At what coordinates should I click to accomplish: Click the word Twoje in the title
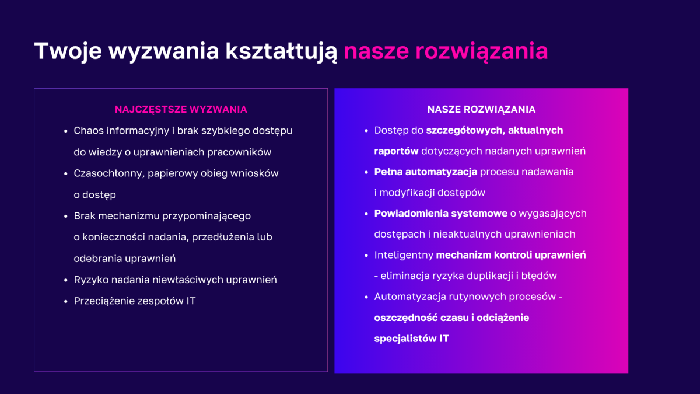point(68,51)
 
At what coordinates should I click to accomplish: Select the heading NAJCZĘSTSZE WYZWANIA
point(181,110)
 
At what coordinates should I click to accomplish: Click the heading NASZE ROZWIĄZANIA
point(481,110)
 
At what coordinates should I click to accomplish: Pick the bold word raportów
point(396,151)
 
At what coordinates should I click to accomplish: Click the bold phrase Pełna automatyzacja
point(426,172)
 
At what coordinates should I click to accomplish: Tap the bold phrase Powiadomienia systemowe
point(440,214)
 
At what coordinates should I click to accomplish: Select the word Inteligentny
point(403,255)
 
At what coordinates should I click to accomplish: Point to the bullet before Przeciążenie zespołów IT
point(66,301)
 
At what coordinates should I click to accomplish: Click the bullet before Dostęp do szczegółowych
point(366,131)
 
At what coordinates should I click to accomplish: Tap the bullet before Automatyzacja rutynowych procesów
point(366,297)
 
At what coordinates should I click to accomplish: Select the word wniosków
point(256,173)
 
